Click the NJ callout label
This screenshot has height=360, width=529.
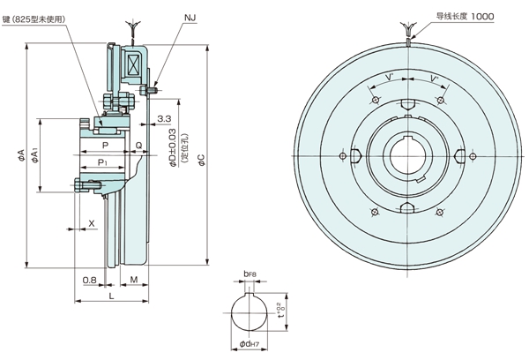(x=191, y=17)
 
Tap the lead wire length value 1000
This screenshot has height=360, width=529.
(x=484, y=17)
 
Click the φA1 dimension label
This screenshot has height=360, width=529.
(x=34, y=155)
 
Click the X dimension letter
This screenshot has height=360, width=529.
(x=93, y=222)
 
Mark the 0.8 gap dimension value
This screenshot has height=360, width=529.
(x=88, y=280)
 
